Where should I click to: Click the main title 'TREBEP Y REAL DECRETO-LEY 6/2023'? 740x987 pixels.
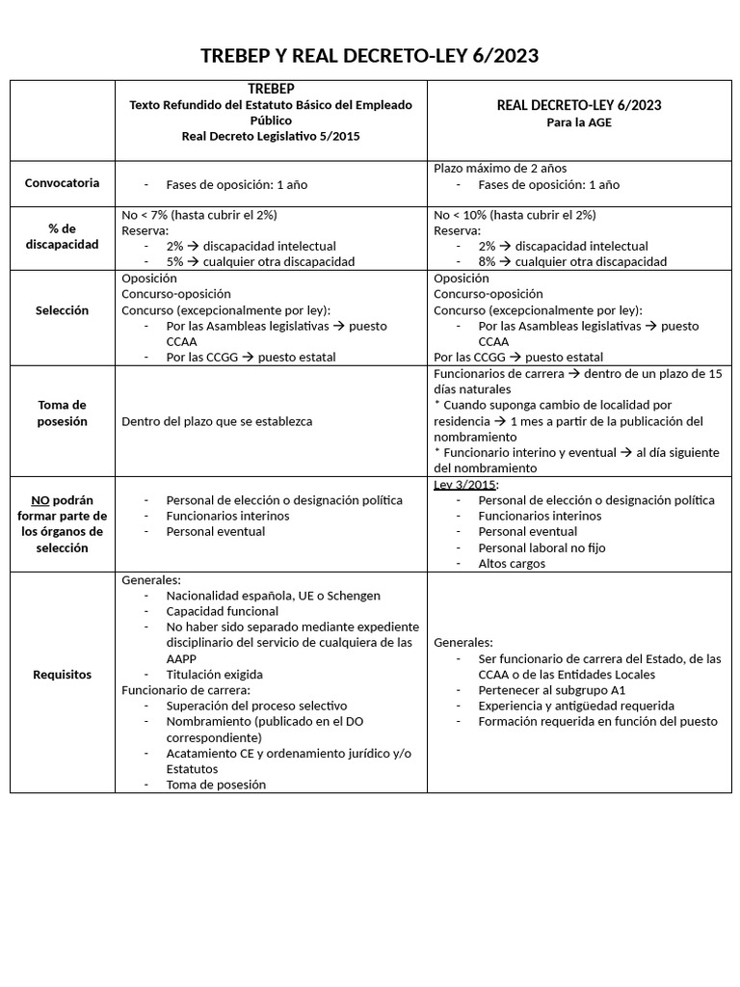click(x=369, y=56)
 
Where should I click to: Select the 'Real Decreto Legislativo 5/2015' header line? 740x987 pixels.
click(x=271, y=136)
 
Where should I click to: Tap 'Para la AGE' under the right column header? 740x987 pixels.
click(x=578, y=122)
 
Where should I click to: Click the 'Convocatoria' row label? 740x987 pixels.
click(x=62, y=183)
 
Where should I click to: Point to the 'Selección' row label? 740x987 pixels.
click(x=62, y=310)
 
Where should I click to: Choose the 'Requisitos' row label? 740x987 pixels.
click(x=62, y=675)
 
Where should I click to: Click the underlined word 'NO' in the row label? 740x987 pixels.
click(x=40, y=500)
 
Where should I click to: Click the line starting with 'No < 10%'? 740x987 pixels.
click(x=515, y=215)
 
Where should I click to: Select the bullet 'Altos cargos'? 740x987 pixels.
click(x=512, y=563)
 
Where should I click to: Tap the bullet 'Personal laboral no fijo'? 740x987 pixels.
click(x=542, y=547)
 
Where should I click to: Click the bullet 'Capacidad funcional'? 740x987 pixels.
click(x=222, y=611)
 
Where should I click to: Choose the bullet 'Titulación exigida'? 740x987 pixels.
click(x=214, y=675)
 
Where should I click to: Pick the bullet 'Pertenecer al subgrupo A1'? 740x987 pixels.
click(x=551, y=690)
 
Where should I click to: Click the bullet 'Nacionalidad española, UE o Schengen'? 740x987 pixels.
click(x=273, y=596)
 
